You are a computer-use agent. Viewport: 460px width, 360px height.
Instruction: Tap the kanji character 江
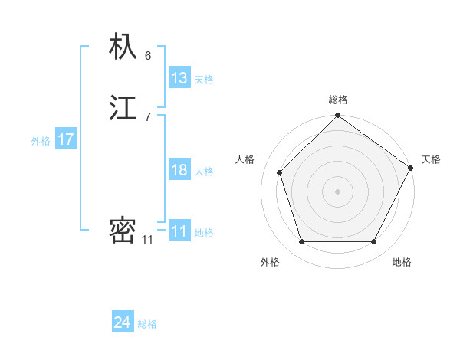click(123, 108)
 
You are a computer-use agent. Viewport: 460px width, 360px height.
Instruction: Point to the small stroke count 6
click(148, 56)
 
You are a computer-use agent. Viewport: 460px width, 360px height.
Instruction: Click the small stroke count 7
click(148, 116)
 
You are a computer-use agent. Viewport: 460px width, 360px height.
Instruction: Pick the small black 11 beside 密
click(147, 240)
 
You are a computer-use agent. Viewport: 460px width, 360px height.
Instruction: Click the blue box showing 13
click(179, 77)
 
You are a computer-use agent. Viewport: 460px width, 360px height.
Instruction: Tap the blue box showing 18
click(179, 170)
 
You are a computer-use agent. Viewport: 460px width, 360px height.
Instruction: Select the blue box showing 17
click(66, 139)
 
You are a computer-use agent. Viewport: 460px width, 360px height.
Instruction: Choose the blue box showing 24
click(123, 322)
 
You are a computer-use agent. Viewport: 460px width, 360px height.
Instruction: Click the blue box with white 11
click(179, 231)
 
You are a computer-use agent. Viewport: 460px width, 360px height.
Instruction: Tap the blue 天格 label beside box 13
click(204, 80)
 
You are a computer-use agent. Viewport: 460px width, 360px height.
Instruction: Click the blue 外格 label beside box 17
click(41, 141)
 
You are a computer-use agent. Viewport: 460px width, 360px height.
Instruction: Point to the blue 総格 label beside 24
click(147, 324)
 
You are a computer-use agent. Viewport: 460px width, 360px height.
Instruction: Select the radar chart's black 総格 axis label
click(338, 100)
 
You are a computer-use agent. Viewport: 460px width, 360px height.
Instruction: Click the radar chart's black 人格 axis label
click(245, 159)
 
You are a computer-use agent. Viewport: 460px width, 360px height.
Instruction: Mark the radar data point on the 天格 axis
click(411, 168)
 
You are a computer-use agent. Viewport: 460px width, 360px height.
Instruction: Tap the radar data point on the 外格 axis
click(301, 242)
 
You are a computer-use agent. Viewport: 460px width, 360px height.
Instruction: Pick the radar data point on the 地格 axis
click(374, 242)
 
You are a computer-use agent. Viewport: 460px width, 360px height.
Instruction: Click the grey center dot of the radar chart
click(337, 191)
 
